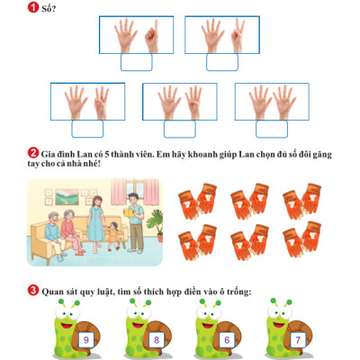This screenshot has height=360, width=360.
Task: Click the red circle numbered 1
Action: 33,7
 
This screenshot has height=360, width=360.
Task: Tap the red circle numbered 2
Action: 33,153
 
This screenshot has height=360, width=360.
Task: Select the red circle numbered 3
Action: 33,291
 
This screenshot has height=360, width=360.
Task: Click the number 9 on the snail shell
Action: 86,340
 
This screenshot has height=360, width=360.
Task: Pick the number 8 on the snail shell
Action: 157,340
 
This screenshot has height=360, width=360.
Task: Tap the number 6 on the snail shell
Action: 227,340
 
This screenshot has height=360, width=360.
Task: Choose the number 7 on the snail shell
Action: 298,340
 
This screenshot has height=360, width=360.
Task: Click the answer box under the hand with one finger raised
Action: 137,62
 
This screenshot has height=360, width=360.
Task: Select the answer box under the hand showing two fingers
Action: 222,62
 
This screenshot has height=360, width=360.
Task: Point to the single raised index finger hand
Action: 152,37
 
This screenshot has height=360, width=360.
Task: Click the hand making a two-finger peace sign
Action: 238,36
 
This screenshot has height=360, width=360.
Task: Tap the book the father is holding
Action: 130,212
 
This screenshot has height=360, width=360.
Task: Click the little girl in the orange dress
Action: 113,236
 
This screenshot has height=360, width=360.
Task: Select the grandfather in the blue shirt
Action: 55,236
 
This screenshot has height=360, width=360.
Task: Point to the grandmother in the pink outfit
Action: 72,232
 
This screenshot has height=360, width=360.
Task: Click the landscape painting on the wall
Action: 67,197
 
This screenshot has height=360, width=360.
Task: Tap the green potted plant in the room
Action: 156,225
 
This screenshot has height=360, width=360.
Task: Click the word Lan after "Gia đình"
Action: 84,155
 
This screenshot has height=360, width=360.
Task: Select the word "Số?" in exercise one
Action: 49,8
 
